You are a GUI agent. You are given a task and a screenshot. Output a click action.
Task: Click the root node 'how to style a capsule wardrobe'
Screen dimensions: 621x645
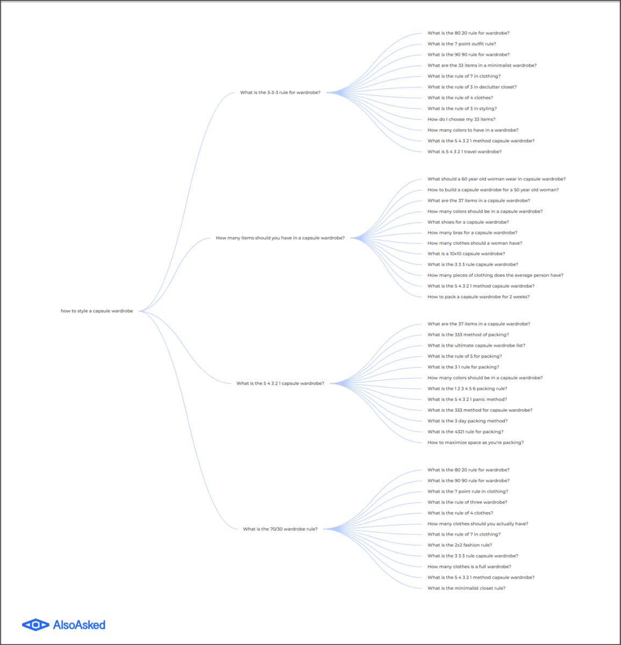97,311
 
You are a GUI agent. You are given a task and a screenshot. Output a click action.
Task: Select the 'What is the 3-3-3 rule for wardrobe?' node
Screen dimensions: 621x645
280,92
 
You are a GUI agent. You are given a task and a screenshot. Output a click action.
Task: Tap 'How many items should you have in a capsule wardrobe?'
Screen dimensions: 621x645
280,238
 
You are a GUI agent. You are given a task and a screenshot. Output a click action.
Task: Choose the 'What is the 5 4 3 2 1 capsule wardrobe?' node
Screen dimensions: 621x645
280,383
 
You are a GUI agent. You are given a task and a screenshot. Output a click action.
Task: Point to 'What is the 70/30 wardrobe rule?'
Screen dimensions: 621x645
280,529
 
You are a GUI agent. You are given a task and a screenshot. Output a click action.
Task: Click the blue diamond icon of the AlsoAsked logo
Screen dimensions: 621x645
35,625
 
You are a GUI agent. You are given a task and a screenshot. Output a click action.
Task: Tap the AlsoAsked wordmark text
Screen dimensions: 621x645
79,625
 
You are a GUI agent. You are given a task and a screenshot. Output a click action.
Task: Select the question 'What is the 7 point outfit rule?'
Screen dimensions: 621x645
461,44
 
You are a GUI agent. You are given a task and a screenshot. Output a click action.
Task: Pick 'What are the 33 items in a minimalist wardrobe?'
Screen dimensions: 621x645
482,65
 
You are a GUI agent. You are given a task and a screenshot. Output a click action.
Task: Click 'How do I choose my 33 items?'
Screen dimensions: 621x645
461,119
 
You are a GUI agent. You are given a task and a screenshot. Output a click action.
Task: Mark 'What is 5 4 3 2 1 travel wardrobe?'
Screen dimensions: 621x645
464,152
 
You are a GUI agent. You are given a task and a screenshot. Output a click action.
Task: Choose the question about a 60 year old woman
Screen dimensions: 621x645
496,179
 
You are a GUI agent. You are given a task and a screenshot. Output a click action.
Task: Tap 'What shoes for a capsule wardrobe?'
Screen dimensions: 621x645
468,222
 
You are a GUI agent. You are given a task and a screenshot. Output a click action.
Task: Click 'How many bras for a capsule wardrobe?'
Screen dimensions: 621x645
472,233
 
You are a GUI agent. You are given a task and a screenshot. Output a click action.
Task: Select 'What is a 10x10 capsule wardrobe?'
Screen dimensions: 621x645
466,254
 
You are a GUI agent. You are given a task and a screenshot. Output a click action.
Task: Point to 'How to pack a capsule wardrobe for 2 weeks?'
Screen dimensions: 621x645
479,297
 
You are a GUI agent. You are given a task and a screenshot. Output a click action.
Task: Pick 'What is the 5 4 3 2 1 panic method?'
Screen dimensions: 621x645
467,399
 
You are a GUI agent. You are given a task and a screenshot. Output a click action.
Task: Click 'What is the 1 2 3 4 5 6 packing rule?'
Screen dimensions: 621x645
467,389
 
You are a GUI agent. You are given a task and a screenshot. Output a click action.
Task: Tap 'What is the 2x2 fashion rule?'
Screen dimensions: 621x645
460,545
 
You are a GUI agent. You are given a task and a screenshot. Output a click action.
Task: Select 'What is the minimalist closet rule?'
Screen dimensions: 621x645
466,588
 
